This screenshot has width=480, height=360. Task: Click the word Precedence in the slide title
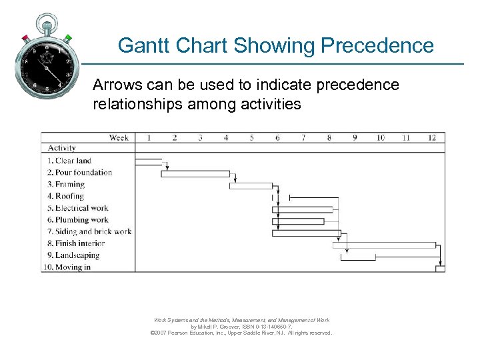pyautogui.click(x=377, y=45)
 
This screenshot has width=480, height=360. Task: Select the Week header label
pyautogui.click(x=119, y=137)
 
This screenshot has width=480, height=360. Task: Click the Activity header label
pyautogui.click(x=62, y=148)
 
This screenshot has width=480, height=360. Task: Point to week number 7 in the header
pyautogui.click(x=303, y=137)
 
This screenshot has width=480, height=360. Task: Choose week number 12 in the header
pyautogui.click(x=432, y=137)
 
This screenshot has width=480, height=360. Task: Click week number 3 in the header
pyautogui.click(x=200, y=137)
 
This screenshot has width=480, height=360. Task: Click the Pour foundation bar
pyautogui.click(x=195, y=174)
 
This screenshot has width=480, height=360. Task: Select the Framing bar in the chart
pyautogui.click(x=251, y=186)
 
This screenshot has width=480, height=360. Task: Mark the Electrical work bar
pyautogui.click(x=303, y=209)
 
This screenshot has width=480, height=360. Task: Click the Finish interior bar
pyautogui.click(x=385, y=245)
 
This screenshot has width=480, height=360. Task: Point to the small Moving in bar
pyautogui.click(x=440, y=269)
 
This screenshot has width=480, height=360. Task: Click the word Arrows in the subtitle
pyautogui.click(x=114, y=85)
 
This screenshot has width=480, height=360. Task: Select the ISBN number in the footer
pyautogui.click(x=267, y=327)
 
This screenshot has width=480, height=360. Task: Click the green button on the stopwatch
pyautogui.click(x=68, y=38)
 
